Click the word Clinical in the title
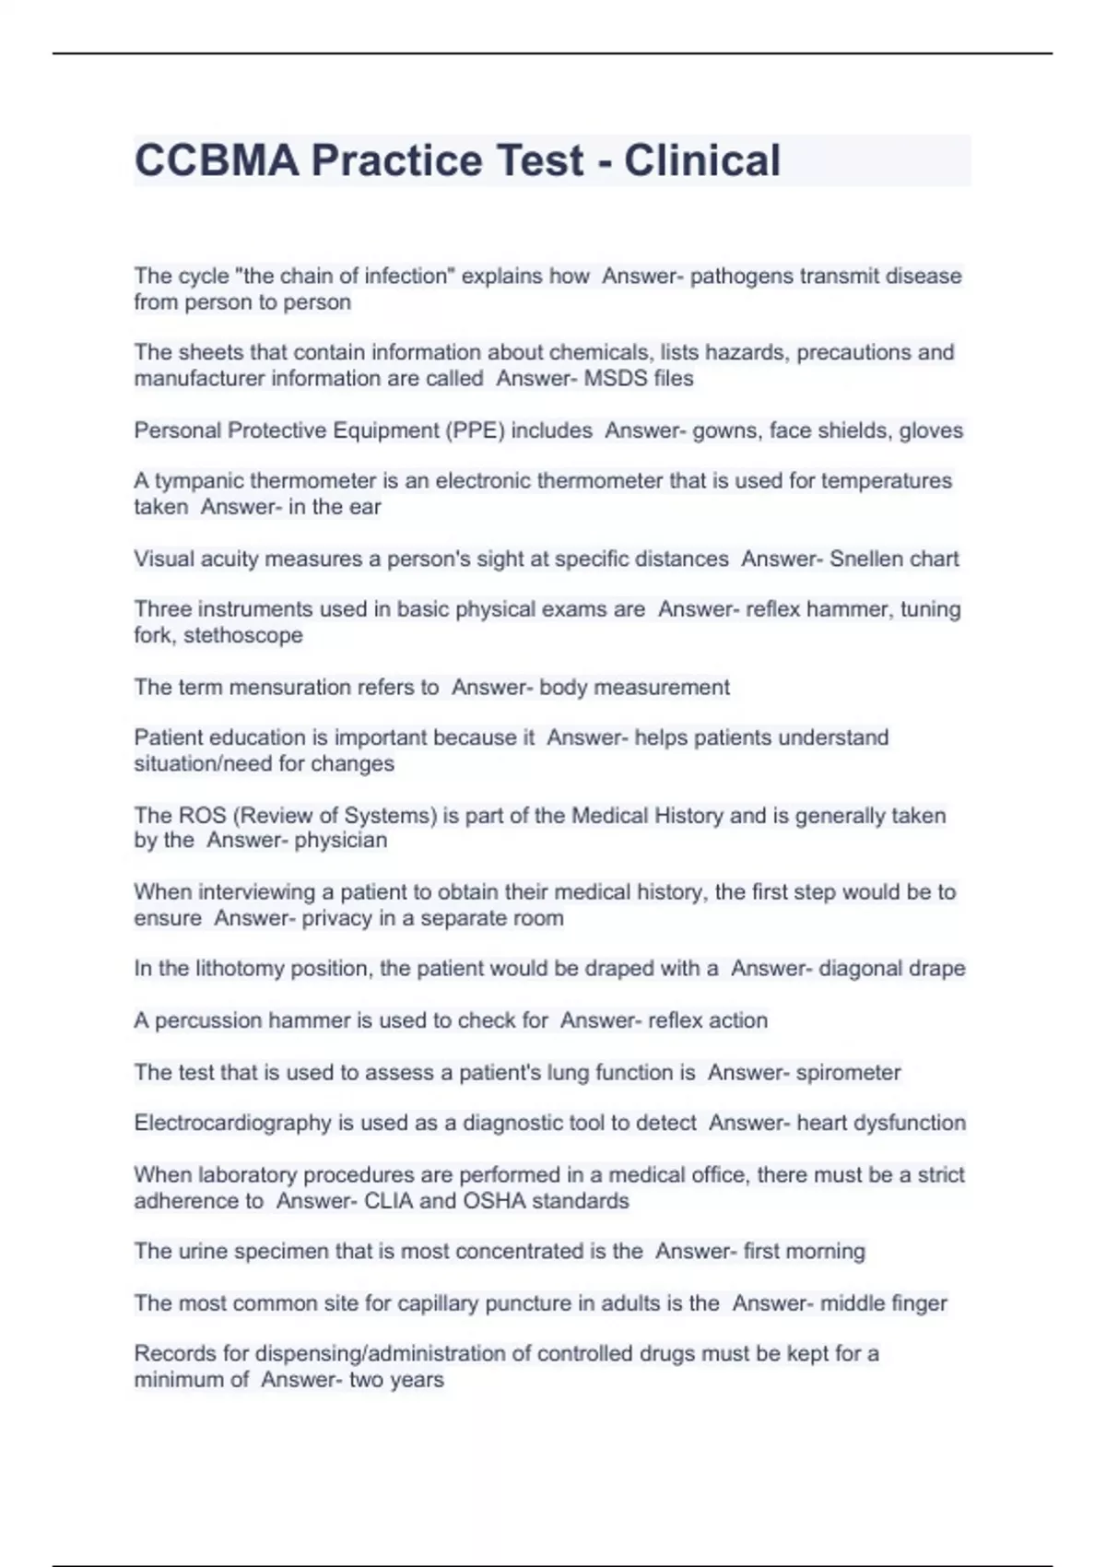coord(702,160)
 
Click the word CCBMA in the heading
coord(217,160)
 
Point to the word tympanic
coord(198,481)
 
